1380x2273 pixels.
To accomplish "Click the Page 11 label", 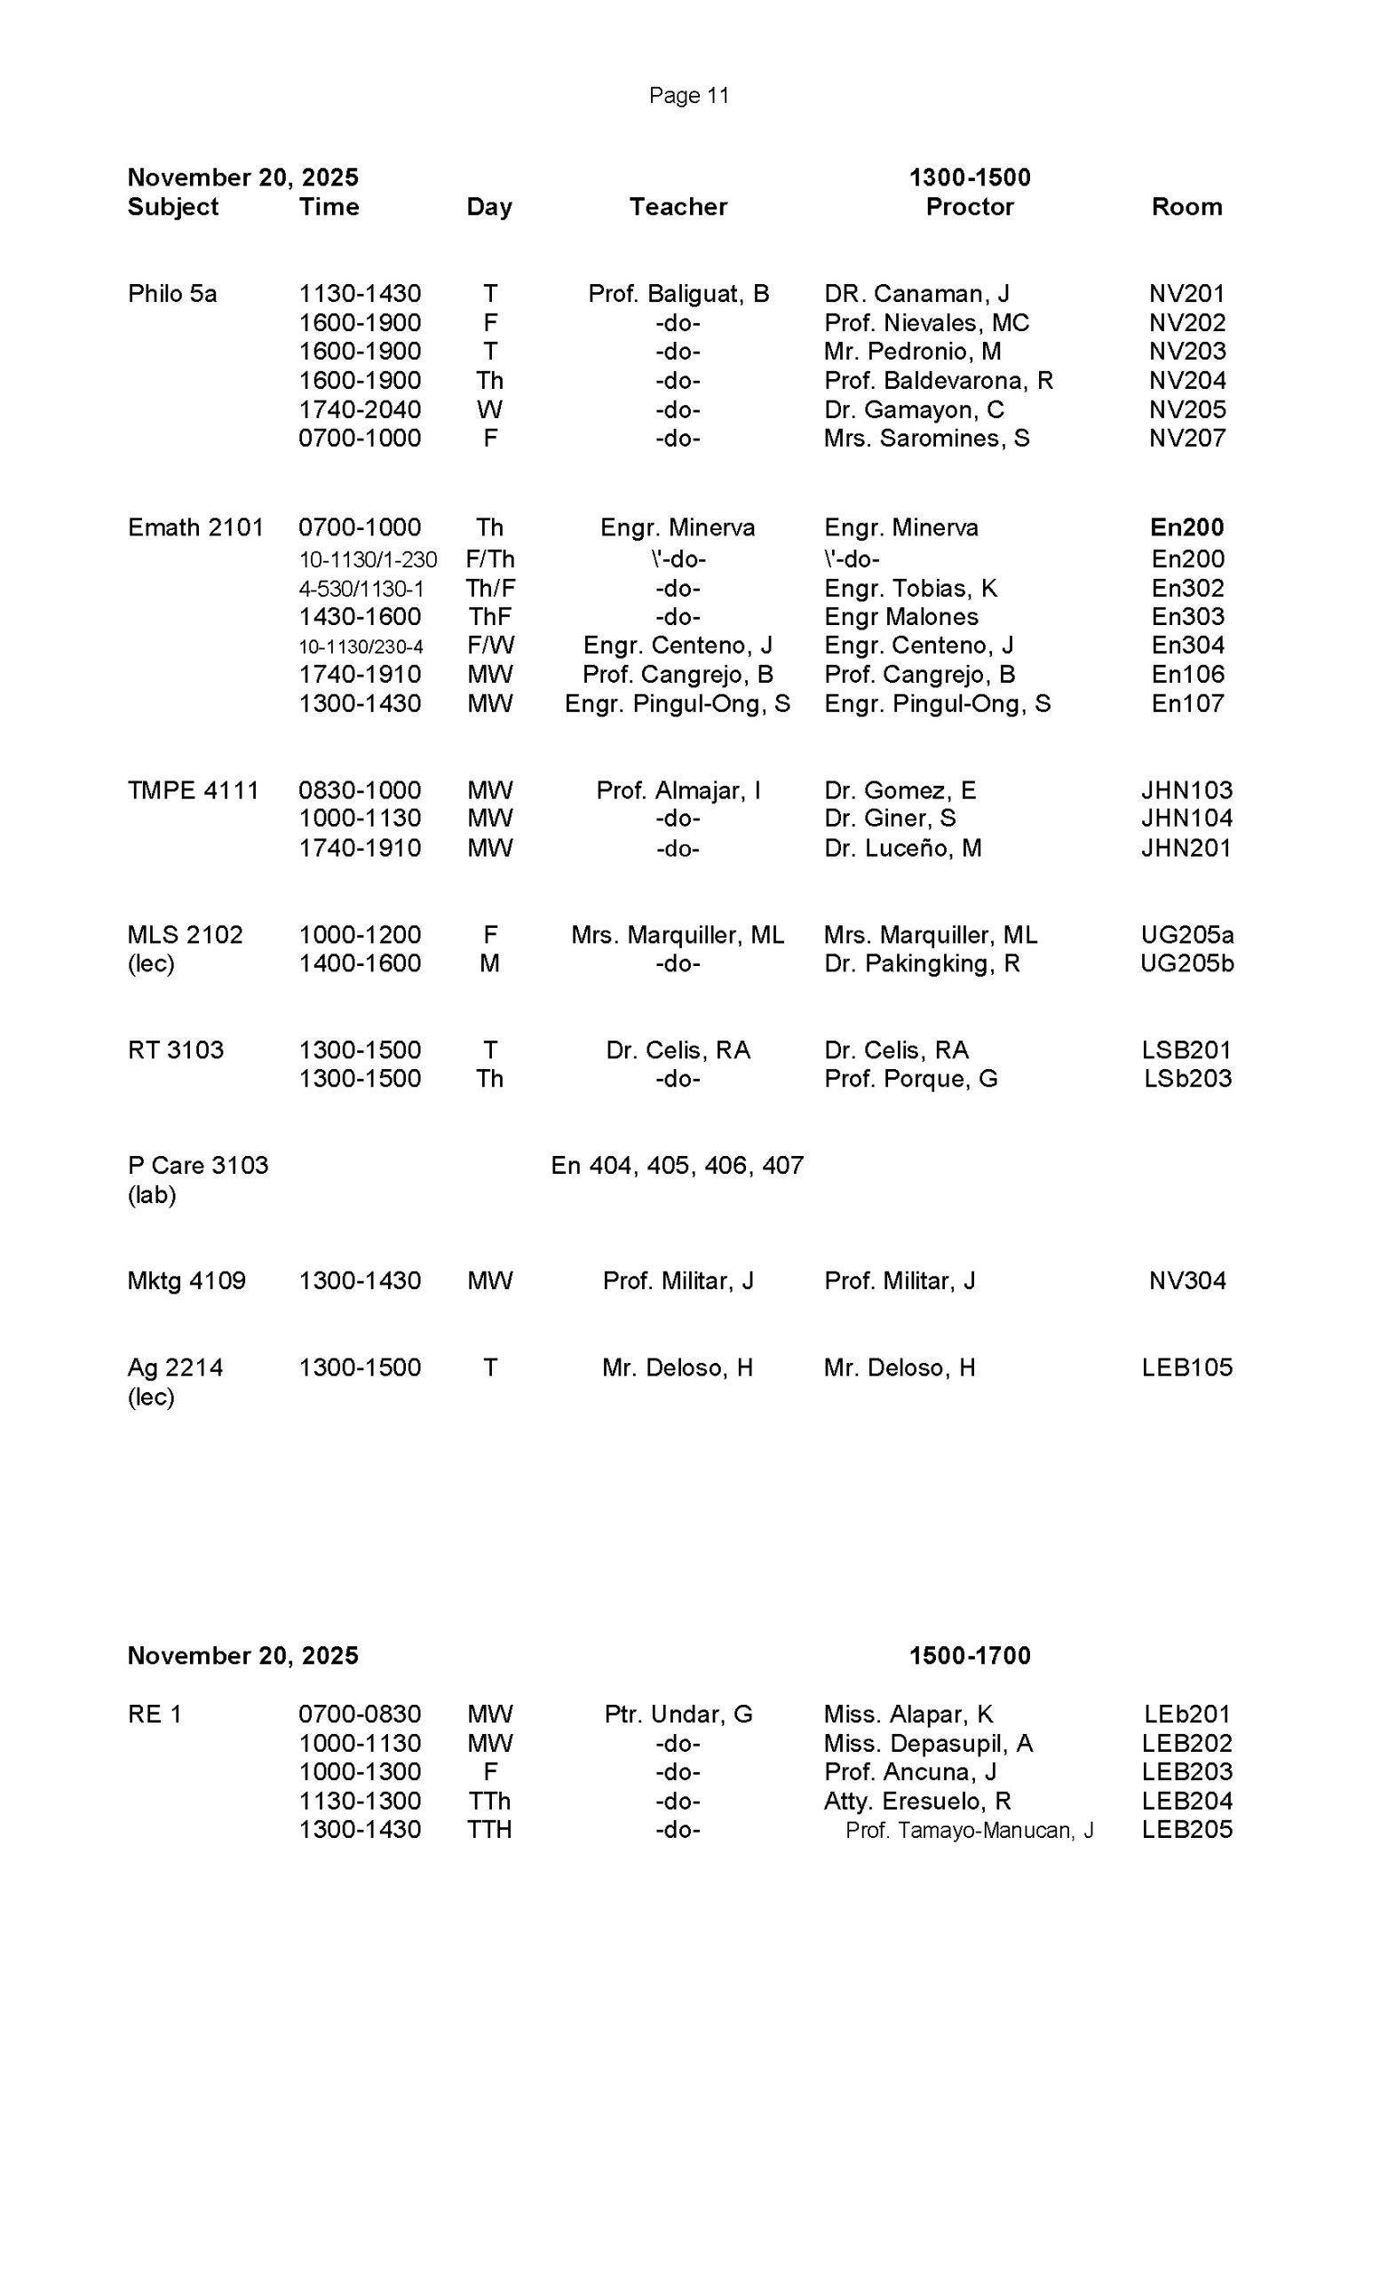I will coord(688,96).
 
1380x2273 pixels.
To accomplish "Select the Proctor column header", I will coord(969,207).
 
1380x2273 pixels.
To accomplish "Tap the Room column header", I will coord(1186,207).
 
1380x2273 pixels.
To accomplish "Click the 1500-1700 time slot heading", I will coord(969,1656).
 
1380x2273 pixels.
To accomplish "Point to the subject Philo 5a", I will coord(172,293).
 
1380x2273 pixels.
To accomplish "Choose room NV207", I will coord(1186,439).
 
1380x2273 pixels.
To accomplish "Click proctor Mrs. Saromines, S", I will coord(926,439).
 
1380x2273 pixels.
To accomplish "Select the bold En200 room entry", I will coord(1186,527).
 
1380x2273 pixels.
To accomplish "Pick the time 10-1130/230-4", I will coord(361,646).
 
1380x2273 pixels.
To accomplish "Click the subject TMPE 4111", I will coord(193,790).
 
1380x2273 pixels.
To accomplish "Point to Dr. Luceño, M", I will coord(902,848).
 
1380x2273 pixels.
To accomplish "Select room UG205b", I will coord(1186,963).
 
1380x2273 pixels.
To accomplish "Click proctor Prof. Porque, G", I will coord(910,1079).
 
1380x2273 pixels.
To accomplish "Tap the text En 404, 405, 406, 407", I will coord(677,1166).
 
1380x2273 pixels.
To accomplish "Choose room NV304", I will coord(1186,1280).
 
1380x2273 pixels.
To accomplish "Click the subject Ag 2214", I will coord(175,1367).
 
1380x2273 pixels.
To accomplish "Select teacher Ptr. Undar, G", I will coord(678,1714).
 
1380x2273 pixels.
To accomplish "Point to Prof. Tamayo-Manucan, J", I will coord(969,1830).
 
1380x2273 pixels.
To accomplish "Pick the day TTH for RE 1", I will coord(489,1829).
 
